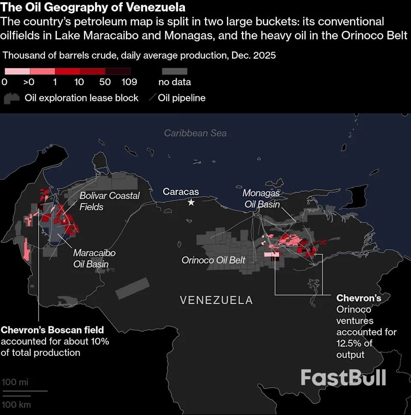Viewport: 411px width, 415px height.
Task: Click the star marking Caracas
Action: (x=191, y=202)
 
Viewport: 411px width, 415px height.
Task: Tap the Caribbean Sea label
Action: (x=195, y=133)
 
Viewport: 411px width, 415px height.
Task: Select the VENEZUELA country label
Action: (x=216, y=300)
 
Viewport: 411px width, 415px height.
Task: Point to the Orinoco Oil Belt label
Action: (x=213, y=260)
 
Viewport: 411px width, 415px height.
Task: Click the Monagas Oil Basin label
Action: (x=262, y=199)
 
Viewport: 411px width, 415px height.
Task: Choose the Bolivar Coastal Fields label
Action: (x=110, y=201)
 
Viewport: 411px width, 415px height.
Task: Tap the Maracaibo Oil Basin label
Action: (x=94, y=258)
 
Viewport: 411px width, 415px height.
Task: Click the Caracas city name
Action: (x=181, y=191)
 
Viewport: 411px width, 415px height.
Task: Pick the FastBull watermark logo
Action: (x=343, y=377)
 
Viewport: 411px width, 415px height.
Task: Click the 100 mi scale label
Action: (x=15, y=382)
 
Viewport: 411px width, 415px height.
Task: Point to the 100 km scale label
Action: (x=16, y=404)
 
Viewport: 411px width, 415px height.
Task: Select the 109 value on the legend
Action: (x=129, y=82)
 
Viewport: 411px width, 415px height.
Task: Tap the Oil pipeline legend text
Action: (x=182, y=98)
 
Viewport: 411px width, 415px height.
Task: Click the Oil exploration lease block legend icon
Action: (x=12, y=98)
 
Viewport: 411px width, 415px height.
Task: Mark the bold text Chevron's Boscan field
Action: (x=52, y=330)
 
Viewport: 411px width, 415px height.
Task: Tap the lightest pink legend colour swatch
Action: (x=17, y=71)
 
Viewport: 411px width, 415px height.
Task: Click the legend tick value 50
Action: (x=105, y=82)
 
